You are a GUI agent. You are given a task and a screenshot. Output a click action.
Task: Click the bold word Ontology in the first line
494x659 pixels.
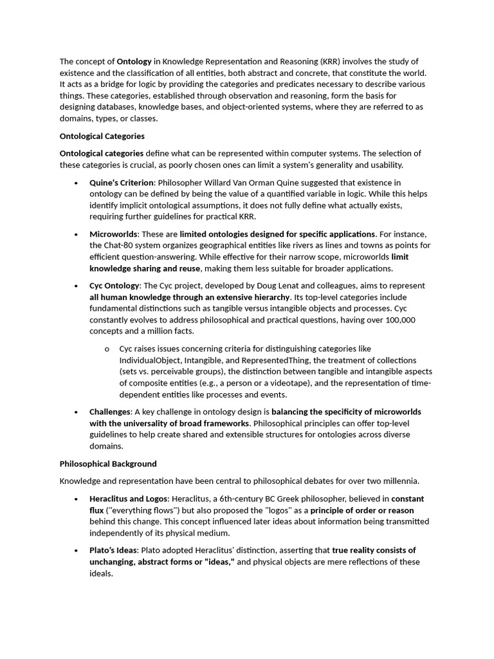tap(134, 62)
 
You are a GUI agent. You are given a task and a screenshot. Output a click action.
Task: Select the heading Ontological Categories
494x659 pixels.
tap(102, 136)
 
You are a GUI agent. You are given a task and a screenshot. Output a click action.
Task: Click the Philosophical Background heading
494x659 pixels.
tap(108, 463)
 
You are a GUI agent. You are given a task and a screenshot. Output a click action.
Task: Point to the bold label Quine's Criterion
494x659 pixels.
tap(122, 183)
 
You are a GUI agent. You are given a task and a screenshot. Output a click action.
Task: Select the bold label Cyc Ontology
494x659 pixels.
tap(114, 286)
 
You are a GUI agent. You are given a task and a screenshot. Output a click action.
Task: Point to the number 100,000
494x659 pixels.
tap(399, 320)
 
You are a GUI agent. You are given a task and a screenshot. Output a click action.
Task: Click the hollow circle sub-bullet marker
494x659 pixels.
tap(106, 349)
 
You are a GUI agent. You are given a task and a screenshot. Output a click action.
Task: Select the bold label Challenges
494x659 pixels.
tap(111, 412)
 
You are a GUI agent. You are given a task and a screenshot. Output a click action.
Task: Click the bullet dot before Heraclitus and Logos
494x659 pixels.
tap(76, 499)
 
